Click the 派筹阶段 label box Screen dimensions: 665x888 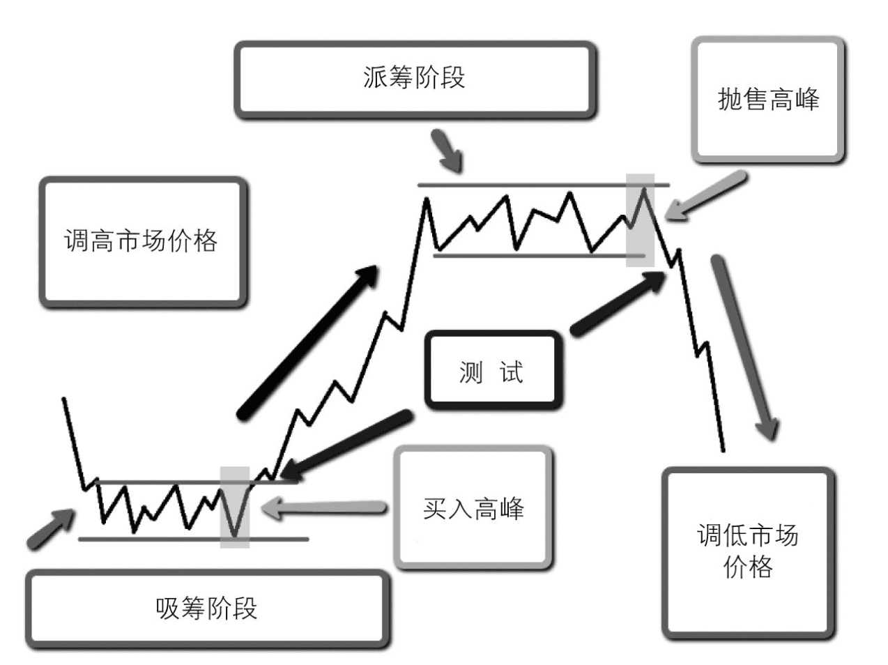point(415,79)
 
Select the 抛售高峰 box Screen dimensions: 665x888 point(768,100)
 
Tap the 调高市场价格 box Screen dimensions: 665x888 point(142,241)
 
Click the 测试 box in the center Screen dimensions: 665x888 point(492,371)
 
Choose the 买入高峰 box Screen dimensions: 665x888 point(473,508)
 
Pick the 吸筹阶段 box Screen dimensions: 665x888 point(207,609)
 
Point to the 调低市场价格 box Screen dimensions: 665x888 point(747,553)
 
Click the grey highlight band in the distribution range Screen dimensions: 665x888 point(640,220)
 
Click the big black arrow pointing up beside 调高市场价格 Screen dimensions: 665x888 point(307,343)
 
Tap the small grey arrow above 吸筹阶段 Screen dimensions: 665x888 point(50,529)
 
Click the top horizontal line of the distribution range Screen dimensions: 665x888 point(544,185)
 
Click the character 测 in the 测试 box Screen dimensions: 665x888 point(471,372)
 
